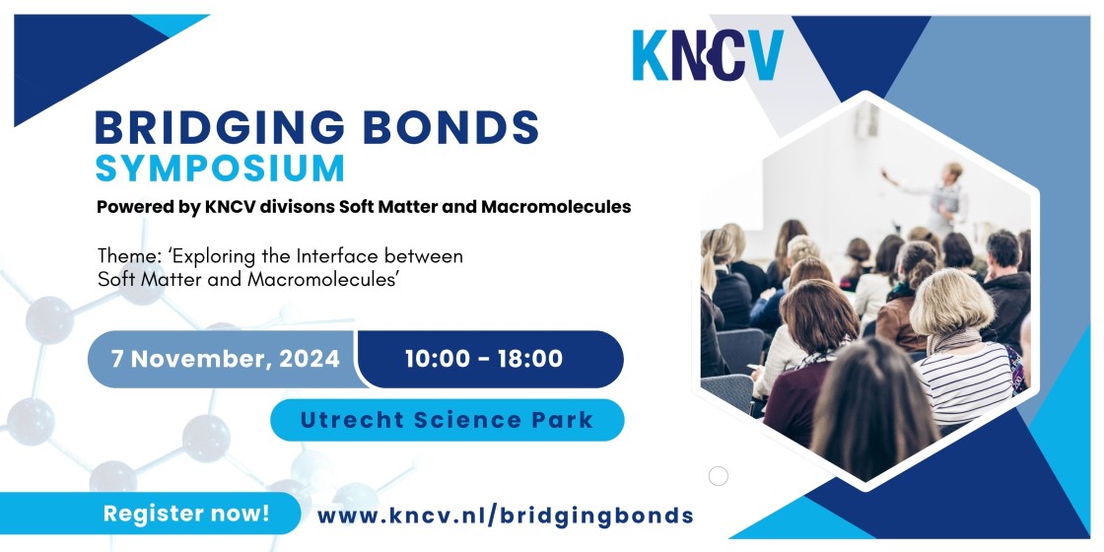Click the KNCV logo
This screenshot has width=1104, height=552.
[708, 55]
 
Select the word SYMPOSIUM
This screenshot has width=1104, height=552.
[221, 168]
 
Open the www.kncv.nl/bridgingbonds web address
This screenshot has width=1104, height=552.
[506, 516]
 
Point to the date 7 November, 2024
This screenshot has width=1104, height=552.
[226, 359]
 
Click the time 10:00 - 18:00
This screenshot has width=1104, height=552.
[484, 359]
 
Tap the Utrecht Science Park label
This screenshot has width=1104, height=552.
[448, 420]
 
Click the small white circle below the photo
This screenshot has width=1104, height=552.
[719, 477]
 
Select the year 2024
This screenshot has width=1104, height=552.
[310, 359]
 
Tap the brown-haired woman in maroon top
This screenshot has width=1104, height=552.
[809, 366]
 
